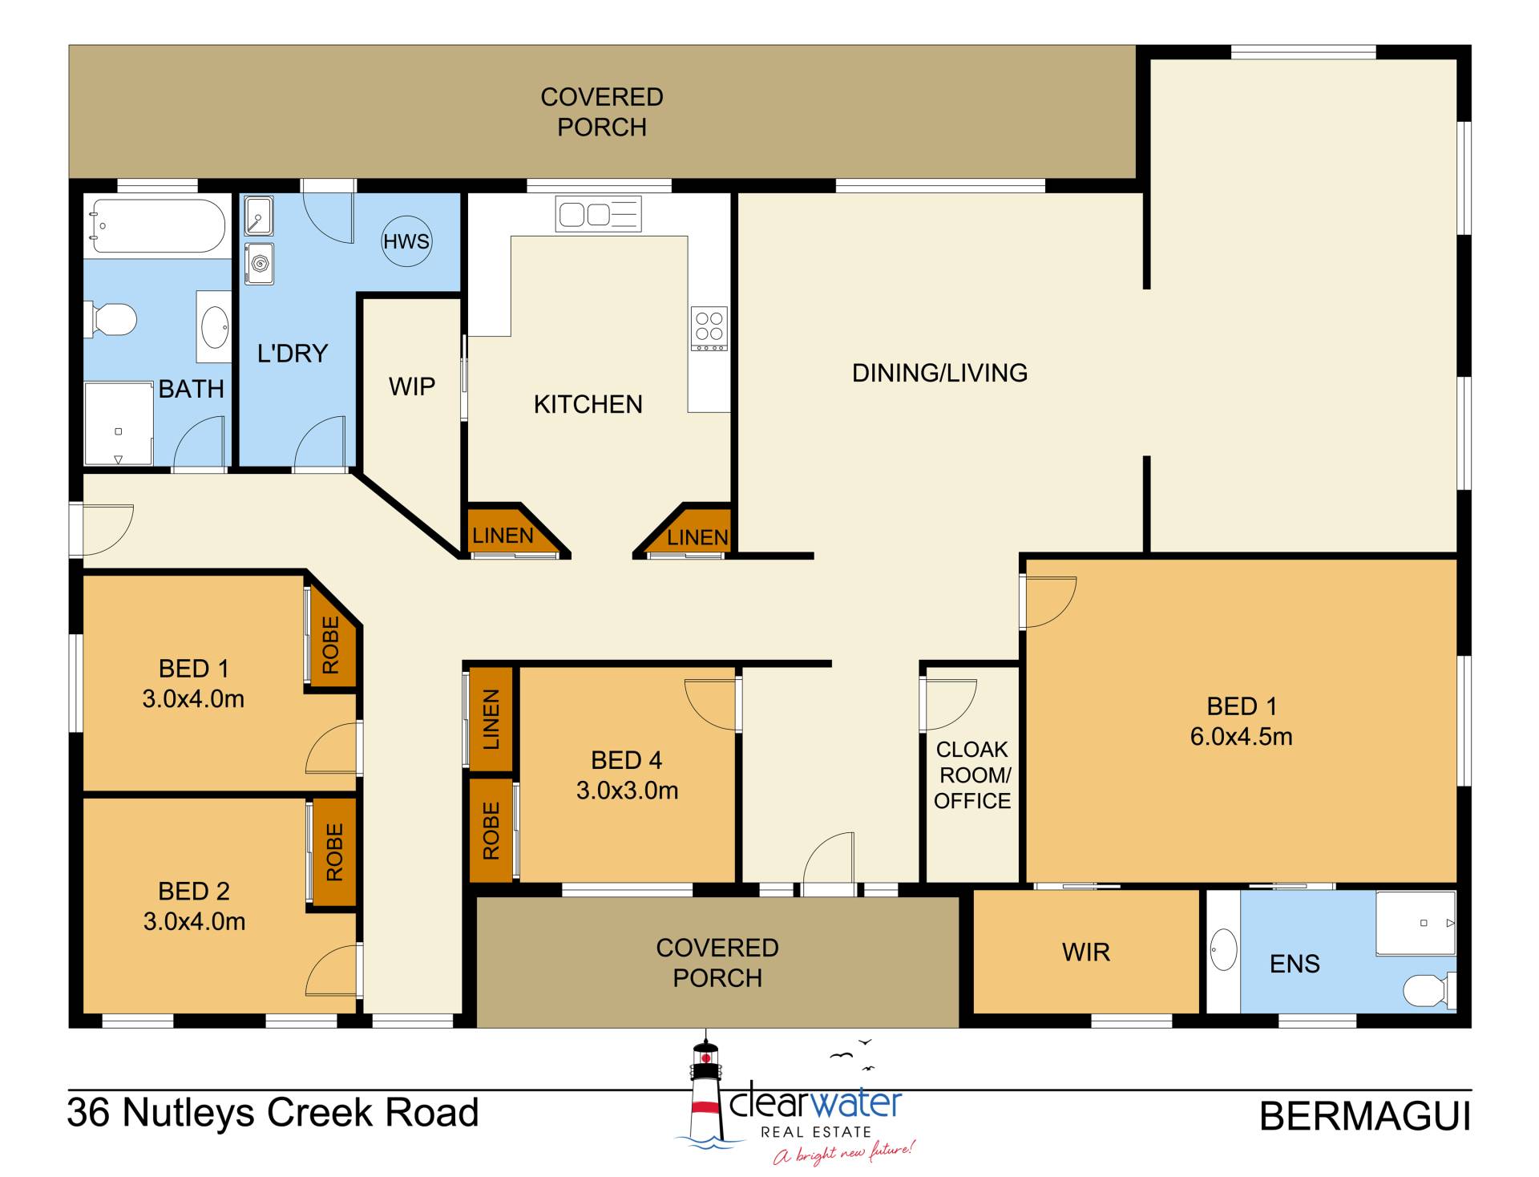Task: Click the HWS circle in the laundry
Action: (406, 241)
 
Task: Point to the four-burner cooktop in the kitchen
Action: (709, 329)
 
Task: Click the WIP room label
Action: (412, 386)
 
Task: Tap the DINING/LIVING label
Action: (939, 373)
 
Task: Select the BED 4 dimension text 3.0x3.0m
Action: (627, 791)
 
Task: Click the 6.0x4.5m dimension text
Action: (1241, 737)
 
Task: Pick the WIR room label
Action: (1086, 953)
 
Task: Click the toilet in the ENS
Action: (1428, 990)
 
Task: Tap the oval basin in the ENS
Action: (1223, 949)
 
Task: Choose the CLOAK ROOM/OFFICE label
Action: (972, 775)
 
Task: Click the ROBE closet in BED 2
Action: (334, 852)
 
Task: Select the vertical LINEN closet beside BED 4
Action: (491, 719)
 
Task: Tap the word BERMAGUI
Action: (1365, 1116)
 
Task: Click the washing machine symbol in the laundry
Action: (259, 264)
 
